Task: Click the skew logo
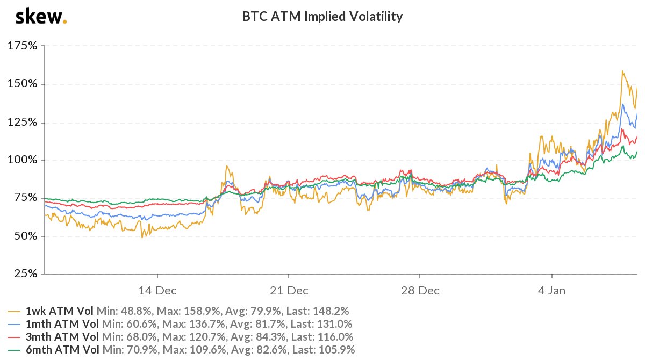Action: (x=40, y=17)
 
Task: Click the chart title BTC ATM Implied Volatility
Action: (x=322, y=17)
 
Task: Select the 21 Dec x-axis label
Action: (x=289, y=291)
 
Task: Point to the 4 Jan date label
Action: (x=552, y=291)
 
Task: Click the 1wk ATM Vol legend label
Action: (x=60, y=311)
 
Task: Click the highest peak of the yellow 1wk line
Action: (x=622, y=71)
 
